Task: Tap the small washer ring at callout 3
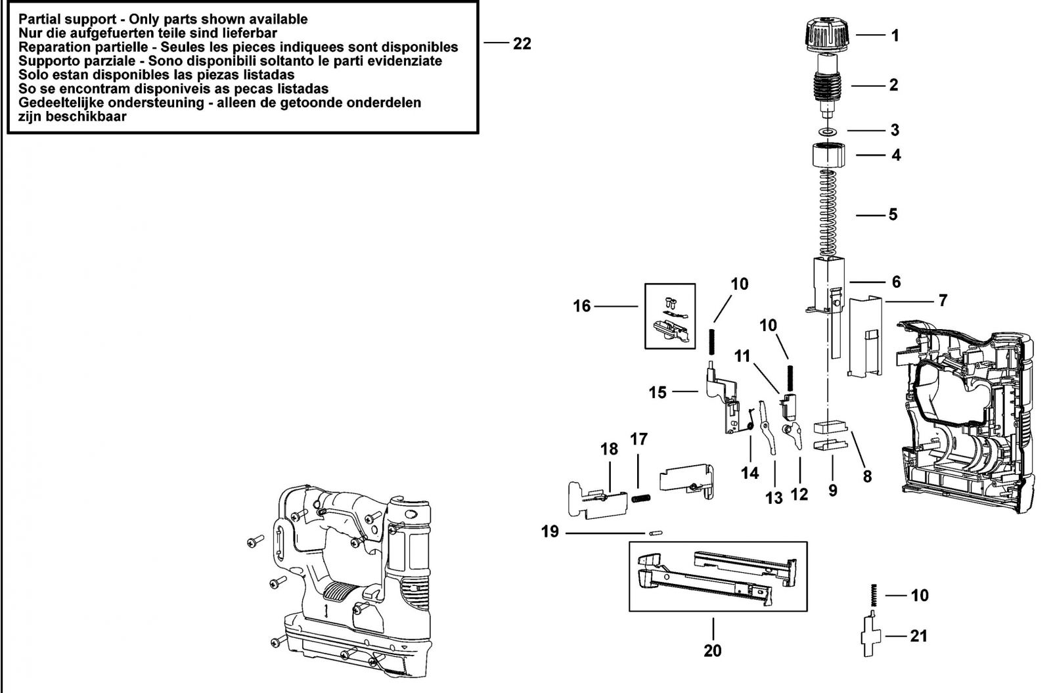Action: (x=828, y=130)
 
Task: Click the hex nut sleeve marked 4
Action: (x=828, y=154)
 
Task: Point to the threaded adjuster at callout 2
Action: (x=828, y=86)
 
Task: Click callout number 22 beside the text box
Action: (x=522, y=43)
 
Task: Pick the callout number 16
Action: (x=582, y=306)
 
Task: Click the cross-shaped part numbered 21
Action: (x=871, y=635)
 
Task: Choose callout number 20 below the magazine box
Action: (x=712, y=651)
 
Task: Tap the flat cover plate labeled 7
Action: (x=865, y=336)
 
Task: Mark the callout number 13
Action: (x=774, y=498)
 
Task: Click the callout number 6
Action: (x=896, y=282)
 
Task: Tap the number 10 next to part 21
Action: (x=920, y=595)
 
